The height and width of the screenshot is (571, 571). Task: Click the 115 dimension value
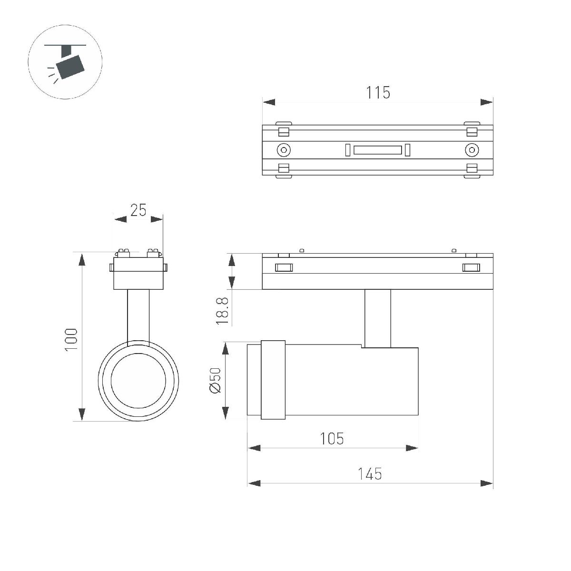pyautogui.click(x=378, y=92)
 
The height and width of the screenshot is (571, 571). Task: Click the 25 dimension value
pyautogui.click(x=138, y=210)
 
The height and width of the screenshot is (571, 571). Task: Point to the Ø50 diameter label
pyautogui.click(x=215, y=381)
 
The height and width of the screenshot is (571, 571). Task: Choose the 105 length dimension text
pyautogui.click(x=332, y=438)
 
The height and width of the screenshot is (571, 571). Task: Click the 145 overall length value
pyautogui.click(x=370, y=473)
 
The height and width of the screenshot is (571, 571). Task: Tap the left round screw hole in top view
pyautogui.click(x=284, y=150)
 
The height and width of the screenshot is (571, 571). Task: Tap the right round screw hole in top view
pyautogui.click(x=471, y=150)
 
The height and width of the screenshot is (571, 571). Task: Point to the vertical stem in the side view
pyautogui.click(x=378, y=318)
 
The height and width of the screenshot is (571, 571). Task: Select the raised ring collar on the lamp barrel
pyautogui.click(x=273, y=380)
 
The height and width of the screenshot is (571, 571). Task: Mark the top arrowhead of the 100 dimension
pyautogui.click(x=82, y=260)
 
